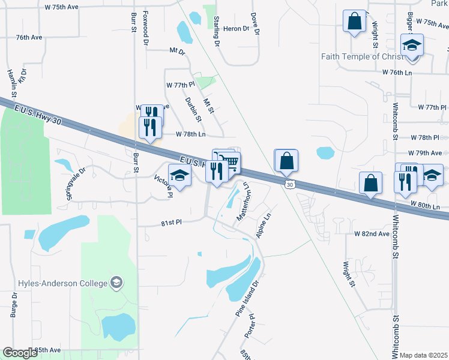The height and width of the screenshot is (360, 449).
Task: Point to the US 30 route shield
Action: (x=290, y=185)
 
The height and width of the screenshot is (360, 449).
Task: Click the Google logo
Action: (x=20, y=352)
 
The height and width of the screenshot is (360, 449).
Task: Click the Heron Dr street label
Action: (x=236, y=29)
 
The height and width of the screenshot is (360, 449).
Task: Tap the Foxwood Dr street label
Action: (x=146, y=28)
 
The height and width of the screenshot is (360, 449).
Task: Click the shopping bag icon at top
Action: (x=355, y=21)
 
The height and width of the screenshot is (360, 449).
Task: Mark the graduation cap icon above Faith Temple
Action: (x=412, y=46)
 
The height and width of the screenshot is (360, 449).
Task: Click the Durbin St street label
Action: (x=191, y=109)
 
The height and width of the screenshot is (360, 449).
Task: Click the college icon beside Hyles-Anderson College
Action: (x=116, y=283)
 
